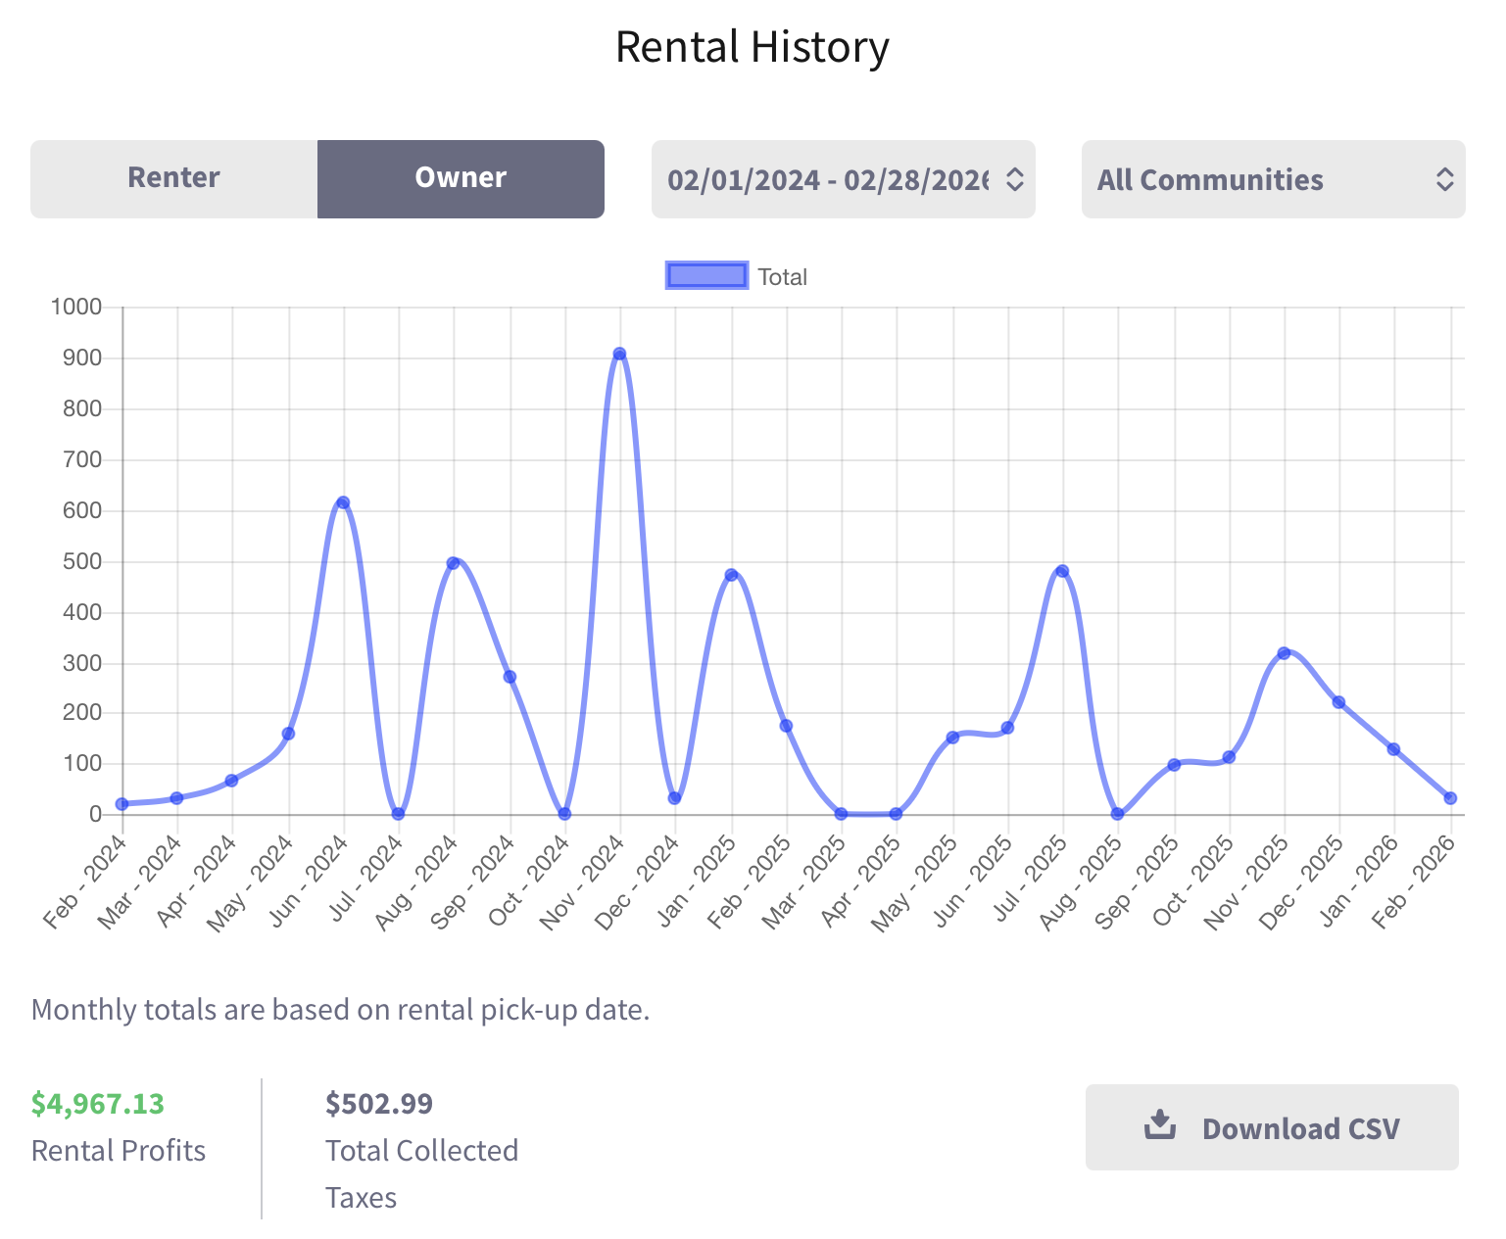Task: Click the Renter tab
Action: [173, 178]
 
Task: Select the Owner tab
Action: [461, 178]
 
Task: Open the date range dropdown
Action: [843, 179]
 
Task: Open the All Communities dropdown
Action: [1273, 179]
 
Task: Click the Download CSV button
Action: [1271, 1127]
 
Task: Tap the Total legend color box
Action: [706, 276]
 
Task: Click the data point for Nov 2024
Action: [619, 355]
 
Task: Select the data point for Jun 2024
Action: [343, 502]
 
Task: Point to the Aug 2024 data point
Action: [453, 563]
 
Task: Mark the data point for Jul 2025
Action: [1062, 571]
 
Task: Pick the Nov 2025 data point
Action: [1284, 653]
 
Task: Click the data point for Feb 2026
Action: [1450, 798]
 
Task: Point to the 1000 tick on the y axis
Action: [76, 308]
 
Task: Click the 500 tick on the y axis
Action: [82, 562]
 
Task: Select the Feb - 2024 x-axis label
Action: [85, 881]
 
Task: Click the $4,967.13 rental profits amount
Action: [98, 1104]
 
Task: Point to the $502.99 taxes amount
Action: [379, 1104]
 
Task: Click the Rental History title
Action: [752, 47]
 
